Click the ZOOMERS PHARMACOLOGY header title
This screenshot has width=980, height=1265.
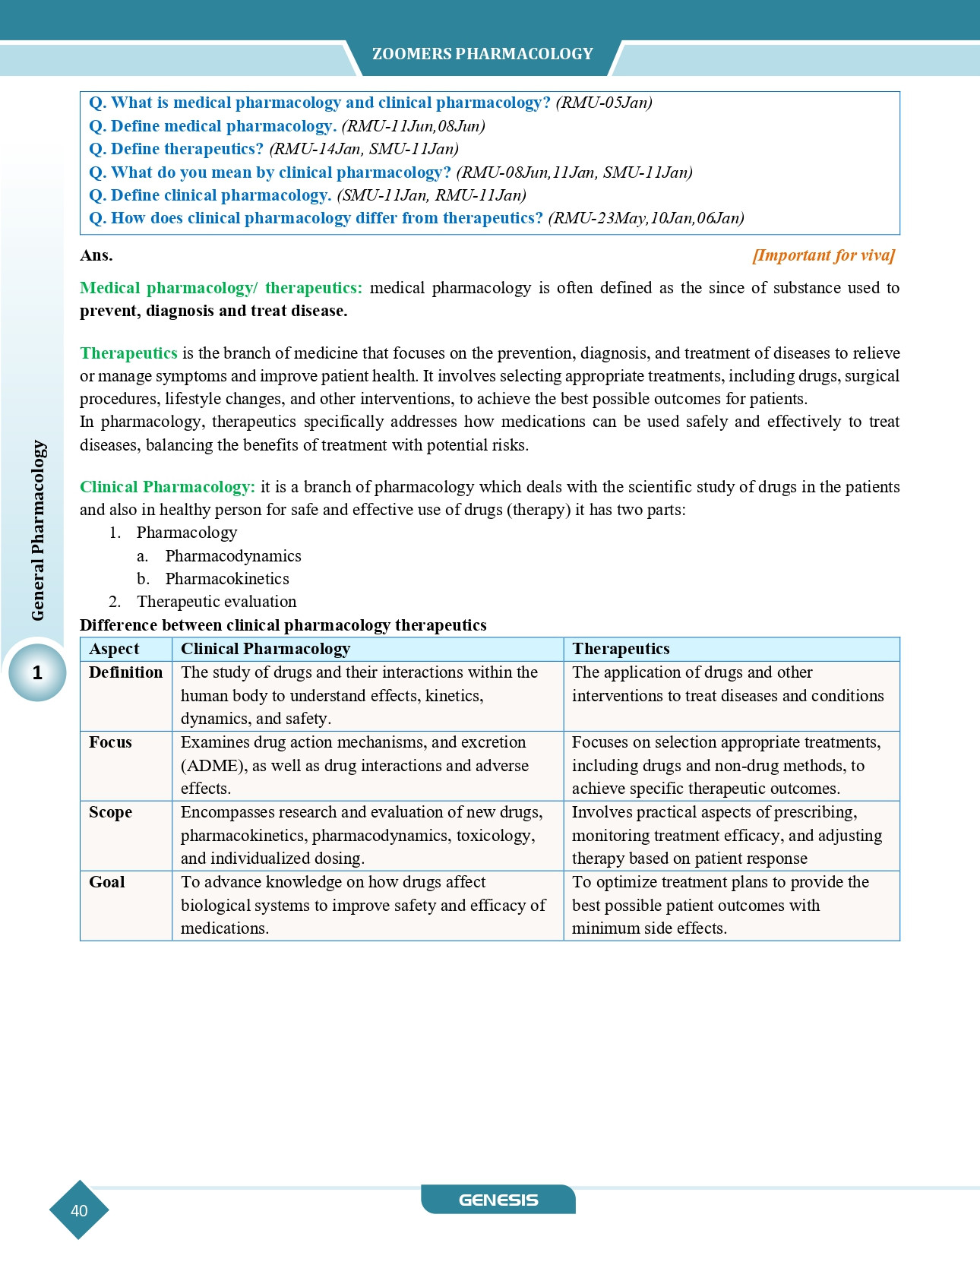click(x=482, y=54)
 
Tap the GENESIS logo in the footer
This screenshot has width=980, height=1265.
click(x=498, y=1200)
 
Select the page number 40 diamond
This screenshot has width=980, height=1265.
click(x=79, y=1210)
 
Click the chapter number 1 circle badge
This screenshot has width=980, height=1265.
click(x=37, y=672)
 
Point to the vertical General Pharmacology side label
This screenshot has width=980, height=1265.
click(x=38, y=530)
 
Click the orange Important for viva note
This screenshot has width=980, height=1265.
click(x=824, y=255)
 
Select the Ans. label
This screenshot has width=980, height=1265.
click(x=96, y=255)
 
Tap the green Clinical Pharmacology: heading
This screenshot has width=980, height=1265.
click(x=167, y=487)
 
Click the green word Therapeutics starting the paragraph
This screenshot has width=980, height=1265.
click(x=128, y=353)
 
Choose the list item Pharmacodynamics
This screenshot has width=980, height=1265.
click(x=233, y=556)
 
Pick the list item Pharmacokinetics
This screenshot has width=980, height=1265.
click(x=227, y=579)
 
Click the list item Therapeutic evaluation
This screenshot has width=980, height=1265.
click(x=217, y=602)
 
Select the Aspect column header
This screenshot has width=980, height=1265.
click(x=114, y=649)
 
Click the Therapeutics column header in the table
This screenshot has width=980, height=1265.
click(x=621, y=649)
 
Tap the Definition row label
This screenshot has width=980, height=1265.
click(x=125, y=672)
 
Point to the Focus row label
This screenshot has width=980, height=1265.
click(x=110, y=742)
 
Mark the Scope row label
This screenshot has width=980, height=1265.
click(x=110, y=812)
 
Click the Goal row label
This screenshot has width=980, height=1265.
click(x=107, y=882)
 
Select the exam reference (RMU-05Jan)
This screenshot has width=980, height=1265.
click(x=604, y=103)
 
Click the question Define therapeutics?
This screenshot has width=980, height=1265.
click(x=176, y=149)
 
